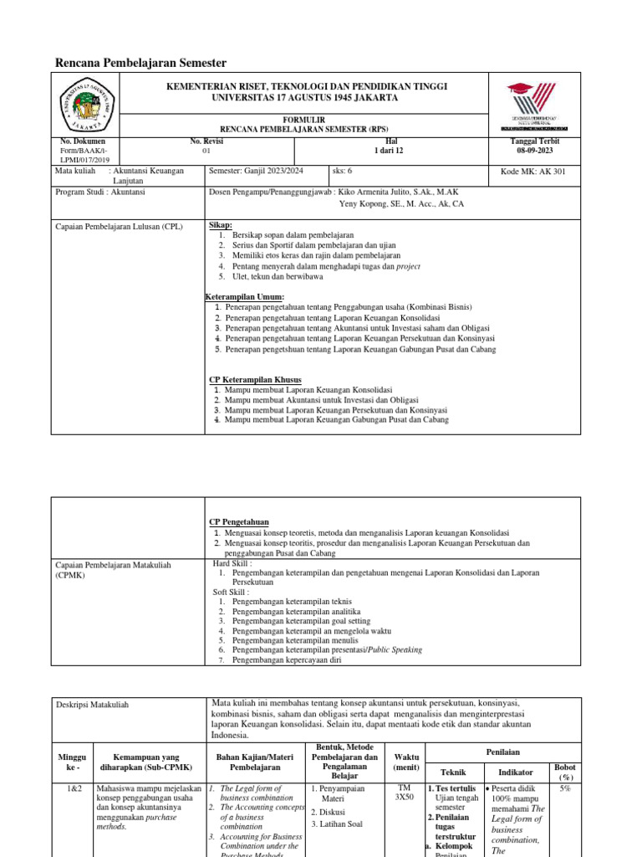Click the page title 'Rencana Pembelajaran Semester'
140,64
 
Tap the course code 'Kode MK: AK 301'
532,171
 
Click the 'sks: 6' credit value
344,171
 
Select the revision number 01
207,151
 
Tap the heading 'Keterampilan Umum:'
245,297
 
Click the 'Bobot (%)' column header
564,772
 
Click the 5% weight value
565,788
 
